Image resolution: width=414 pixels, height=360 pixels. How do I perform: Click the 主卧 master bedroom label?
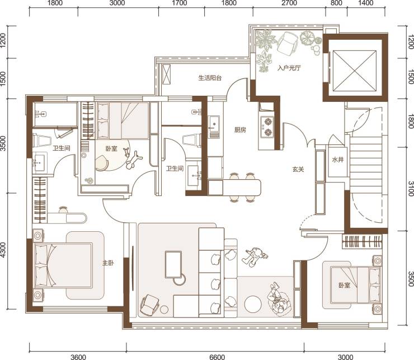(x=108, y=263)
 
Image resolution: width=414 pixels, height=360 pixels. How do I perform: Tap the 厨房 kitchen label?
(x=240, y=130)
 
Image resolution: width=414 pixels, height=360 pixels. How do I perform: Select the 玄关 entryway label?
(x=298, y=169)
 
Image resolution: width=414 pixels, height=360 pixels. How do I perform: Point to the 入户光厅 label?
(x=289, y=68)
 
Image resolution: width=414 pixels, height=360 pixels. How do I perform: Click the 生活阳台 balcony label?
(x=210, y=78)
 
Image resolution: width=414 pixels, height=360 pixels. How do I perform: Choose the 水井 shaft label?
(x=337, y=160)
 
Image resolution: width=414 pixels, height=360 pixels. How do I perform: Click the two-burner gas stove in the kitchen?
(x=267, y=127)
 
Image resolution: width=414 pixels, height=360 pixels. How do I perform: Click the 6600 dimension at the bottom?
(x=217, y=357)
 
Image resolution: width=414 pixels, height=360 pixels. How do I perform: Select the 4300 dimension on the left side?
(x=3, y=250)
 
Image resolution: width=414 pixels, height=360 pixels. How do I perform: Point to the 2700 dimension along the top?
(x=289, y=3)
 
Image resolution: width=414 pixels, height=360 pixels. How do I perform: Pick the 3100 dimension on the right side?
(x=411, y=189)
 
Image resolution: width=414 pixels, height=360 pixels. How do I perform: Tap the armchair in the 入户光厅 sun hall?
(x=288, y=43)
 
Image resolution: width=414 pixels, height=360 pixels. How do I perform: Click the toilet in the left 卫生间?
(x=42, y=140)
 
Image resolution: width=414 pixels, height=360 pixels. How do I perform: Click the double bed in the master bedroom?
(x=63, y=265)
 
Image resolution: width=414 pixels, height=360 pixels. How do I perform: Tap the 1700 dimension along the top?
(x=180, y=3)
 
